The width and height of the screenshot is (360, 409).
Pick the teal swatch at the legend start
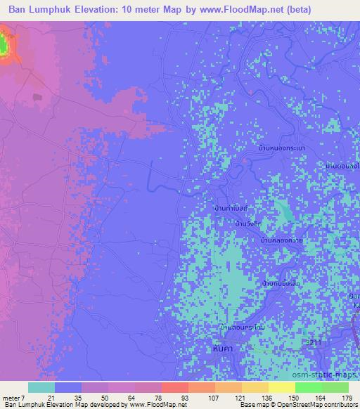point(41,387)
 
